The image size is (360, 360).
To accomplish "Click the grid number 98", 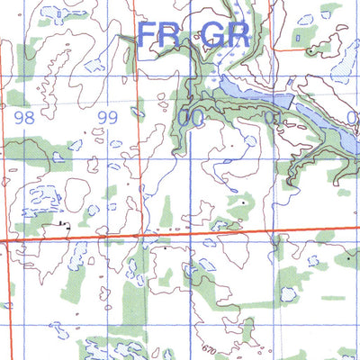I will click(x=23, y=117).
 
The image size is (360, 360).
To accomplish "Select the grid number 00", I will click(x=189, y=117).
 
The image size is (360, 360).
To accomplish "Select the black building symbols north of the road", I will click(x=62, y=222).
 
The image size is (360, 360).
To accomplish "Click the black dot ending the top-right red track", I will click(x=310, y=52).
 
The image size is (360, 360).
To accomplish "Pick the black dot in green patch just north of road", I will click(x=242, y=203).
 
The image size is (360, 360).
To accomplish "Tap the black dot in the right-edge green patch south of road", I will click(x=347, y=259).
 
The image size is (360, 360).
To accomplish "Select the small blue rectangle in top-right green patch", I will click(x=299, y=38).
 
